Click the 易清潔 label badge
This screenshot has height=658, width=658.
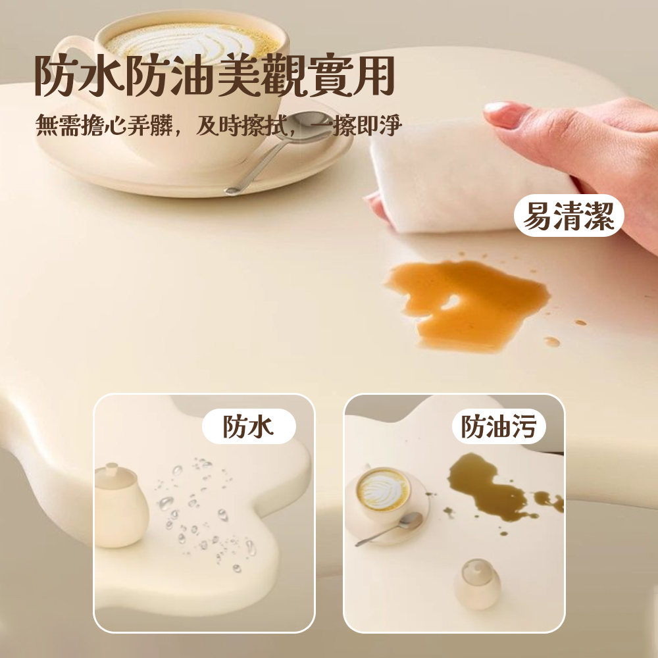click(569, 216)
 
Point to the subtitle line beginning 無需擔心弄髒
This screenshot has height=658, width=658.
click(217, 125)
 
